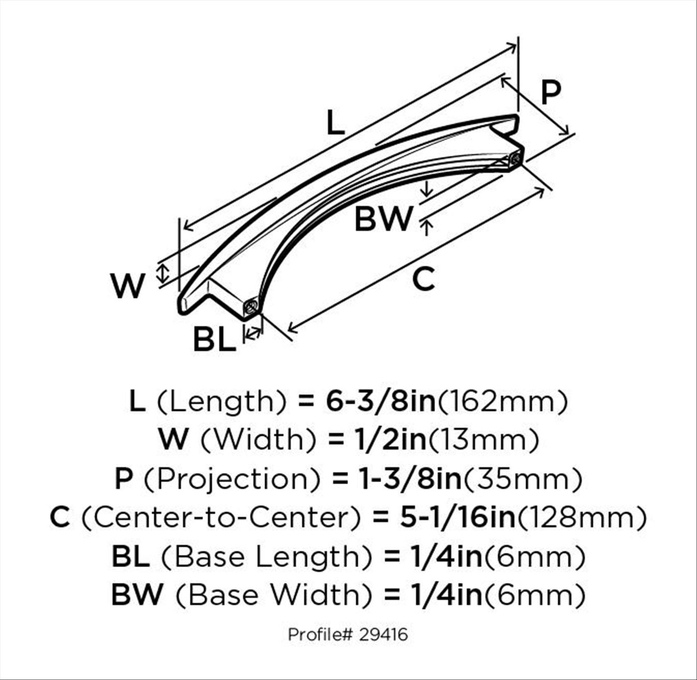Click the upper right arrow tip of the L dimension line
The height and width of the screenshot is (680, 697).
pos(517,44)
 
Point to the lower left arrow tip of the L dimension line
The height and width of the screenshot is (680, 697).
pos(184,227)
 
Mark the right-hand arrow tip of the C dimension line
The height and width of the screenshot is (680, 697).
pos(545,188)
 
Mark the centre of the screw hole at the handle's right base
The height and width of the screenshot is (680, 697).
pos(516,158)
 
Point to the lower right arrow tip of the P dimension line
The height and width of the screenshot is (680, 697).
pos(569,134)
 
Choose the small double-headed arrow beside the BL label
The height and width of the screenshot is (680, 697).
pos(253,332)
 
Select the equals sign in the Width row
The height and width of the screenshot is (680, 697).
pos(336,440)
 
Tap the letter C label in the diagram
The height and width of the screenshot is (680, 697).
pos(424,279)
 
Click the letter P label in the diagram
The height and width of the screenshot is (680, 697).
pos(551,92)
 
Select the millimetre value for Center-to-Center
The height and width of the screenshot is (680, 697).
pos(582,517)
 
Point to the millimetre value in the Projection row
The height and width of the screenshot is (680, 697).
pos(523,479)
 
